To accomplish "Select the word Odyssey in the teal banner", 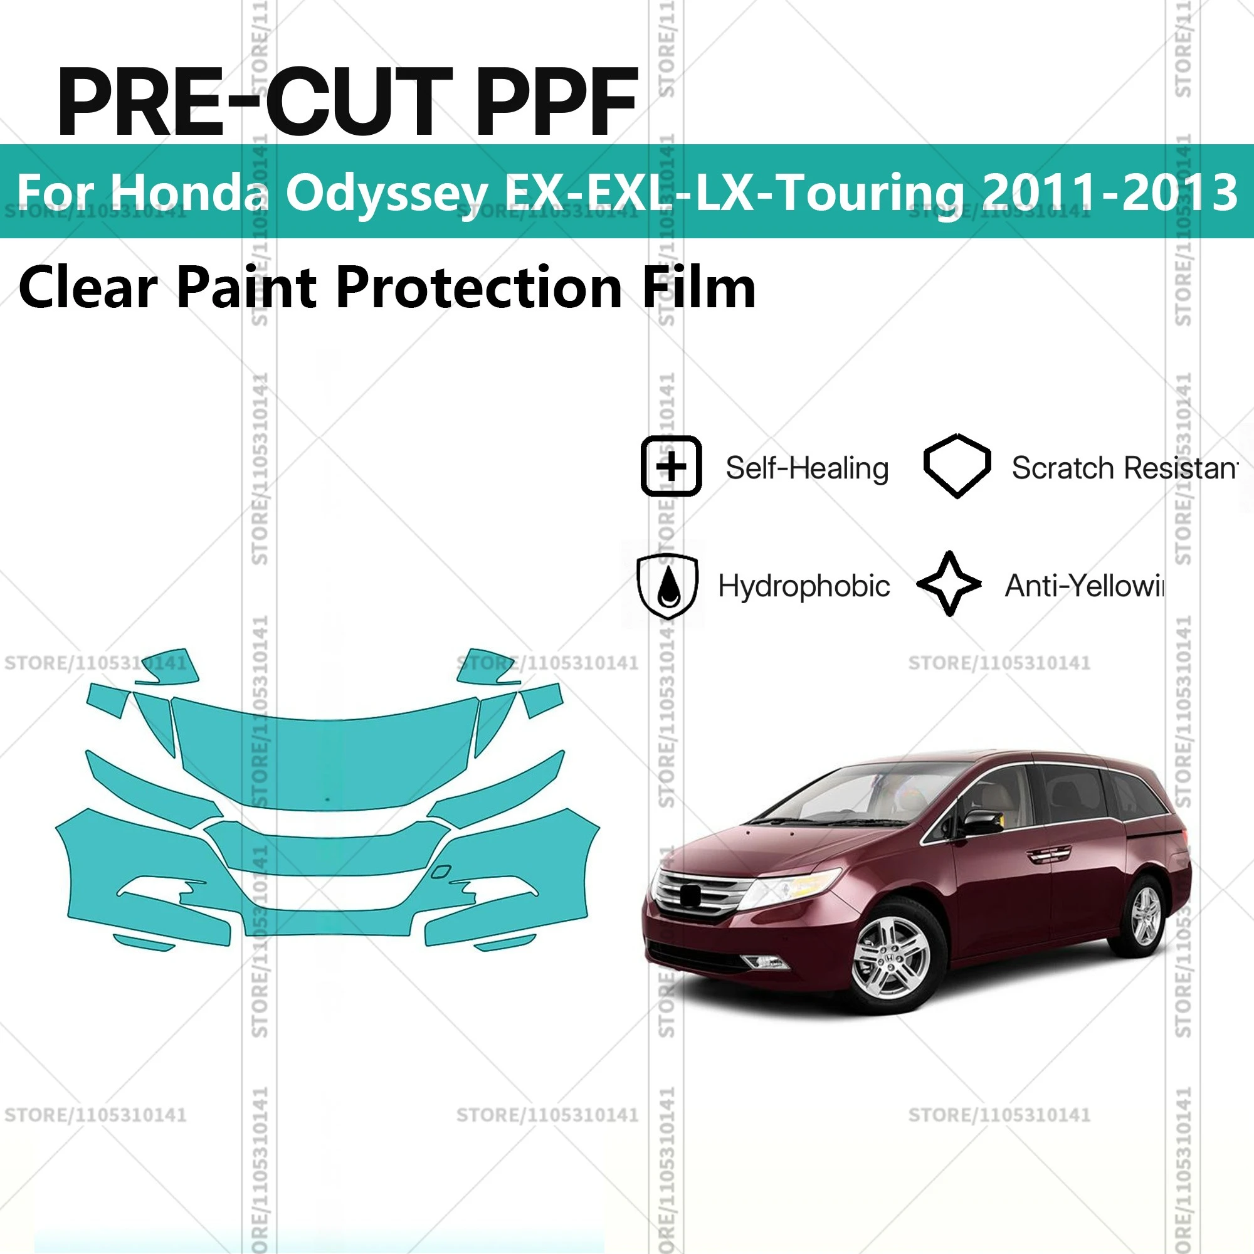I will point(387,192).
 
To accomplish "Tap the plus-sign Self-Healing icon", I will point(671,466).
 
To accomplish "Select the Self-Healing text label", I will point(807,468).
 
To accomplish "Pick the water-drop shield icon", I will point(668,586).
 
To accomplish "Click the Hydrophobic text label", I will point(804,586).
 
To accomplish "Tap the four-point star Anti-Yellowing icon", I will point(949,584).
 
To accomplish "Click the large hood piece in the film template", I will point(325,759).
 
